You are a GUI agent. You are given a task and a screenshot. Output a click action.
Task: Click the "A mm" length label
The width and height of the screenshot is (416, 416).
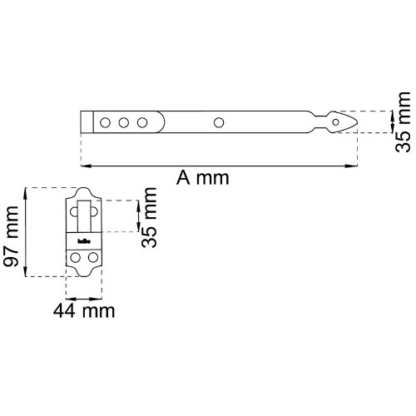point(203,178)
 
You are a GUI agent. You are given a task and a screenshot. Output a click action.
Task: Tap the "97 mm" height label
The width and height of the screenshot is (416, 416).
point(11,236)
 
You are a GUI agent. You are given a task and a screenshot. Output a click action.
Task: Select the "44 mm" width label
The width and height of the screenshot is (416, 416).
point(84,311)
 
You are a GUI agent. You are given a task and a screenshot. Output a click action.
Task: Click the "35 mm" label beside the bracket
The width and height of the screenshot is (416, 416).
point(149,217)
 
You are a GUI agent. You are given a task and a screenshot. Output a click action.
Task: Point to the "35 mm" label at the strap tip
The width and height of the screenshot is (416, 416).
point(403,122)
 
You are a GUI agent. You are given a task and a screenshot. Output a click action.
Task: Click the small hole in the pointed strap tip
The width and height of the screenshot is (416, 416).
point(335,122)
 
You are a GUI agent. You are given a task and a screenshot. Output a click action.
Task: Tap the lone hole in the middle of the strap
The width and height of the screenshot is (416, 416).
point(219,122)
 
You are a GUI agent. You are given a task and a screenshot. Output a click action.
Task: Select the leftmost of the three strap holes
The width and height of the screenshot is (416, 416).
point(105,122)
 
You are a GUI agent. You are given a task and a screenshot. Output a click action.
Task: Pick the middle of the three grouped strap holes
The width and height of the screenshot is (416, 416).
point(124,122)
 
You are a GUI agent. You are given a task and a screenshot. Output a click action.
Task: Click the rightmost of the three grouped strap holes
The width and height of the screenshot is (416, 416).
point(142,122)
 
